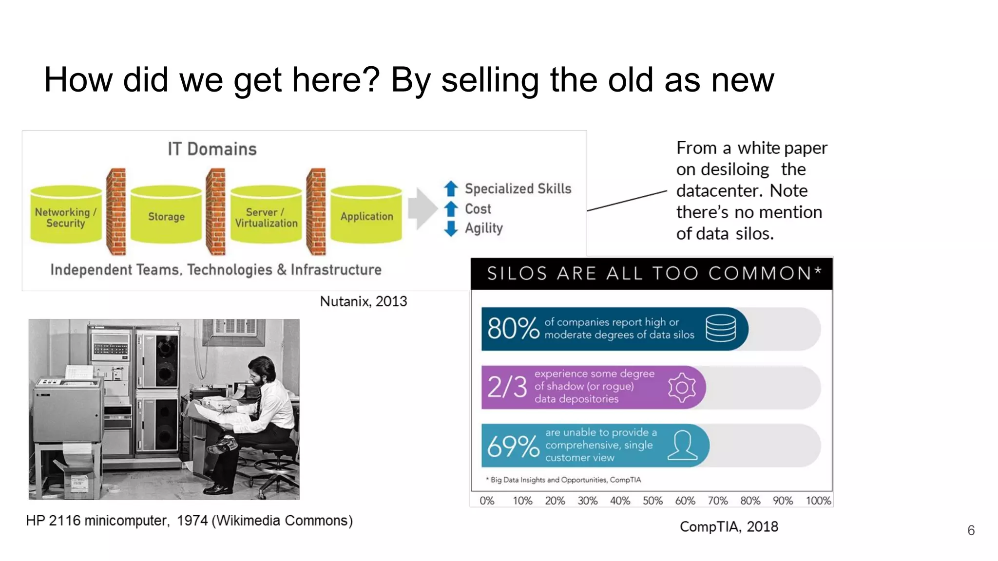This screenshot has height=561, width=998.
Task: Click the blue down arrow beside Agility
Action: [x=451, y=228]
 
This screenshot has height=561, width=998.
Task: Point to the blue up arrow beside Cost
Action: [x=451, y=209]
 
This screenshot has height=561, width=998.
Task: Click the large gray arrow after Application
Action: [x=422, y=208]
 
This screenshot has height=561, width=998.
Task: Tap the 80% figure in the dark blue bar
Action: [x=513, y=329]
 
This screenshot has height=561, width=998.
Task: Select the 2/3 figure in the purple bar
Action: [x=507, y=387]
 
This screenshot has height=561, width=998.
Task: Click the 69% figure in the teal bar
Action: [x=513, y=446]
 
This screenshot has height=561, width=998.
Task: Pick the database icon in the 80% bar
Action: [x=721, y=328]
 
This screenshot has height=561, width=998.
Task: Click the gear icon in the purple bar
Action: [x=682, y=387]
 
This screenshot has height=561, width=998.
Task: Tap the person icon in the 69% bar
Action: [x=682, y=445]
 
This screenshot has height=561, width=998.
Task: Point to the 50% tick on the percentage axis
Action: [x=653, y=501]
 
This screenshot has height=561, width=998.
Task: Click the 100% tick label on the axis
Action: [x=818, y=501]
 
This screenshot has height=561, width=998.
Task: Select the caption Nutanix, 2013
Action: [x=364, y=301]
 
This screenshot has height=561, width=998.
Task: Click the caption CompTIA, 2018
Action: [x=729, y=526]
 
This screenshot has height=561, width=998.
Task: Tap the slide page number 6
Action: [x=971, y=530]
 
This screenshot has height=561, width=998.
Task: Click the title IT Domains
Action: [x=212, y=149]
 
